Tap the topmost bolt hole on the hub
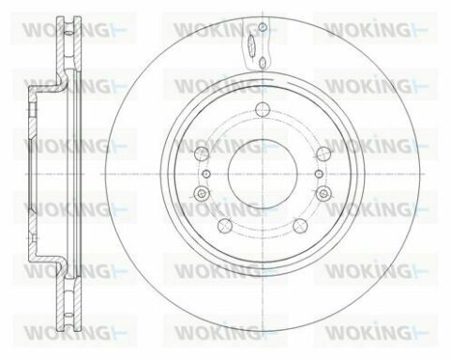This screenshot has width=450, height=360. [x=262, y=109]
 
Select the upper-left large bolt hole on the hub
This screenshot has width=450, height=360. [x=202, y=154]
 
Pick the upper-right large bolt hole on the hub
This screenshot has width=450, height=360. [x=323, y=154]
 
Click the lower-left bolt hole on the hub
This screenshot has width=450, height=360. [x=225, y=225]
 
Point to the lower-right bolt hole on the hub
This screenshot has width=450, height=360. [x=300, y=225]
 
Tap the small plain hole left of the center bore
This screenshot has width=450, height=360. [x=206, y=173]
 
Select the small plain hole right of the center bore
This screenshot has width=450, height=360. [x=319, y=173]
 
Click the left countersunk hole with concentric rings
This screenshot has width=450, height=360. [x=202, y=194]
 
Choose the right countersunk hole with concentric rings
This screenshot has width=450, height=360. [x=323, y=194]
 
